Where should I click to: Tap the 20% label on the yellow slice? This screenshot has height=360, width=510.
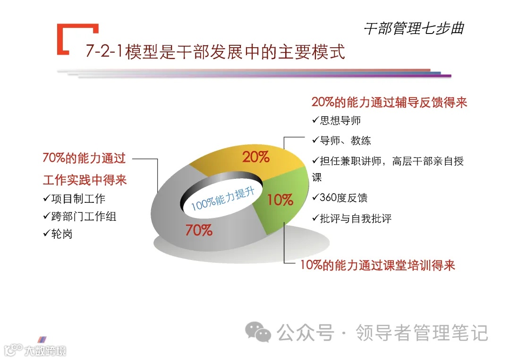coord(256,157)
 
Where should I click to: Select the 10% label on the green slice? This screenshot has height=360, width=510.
coord(280,200)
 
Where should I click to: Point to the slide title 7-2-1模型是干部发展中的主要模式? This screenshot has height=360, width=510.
coord(215,51)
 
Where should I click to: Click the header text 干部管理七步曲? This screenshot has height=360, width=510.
coord(414,28)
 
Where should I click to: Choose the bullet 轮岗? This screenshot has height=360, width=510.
coord(61,234)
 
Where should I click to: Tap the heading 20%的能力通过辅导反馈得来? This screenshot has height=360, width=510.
coord(389,102)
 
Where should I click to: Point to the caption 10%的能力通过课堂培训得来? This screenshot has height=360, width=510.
coord(378,265)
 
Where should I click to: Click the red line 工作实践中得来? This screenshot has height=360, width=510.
coord(85,180)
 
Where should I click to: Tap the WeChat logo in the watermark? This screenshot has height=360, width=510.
coord(260,332)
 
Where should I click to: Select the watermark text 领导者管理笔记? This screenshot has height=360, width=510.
coord(421,333)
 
